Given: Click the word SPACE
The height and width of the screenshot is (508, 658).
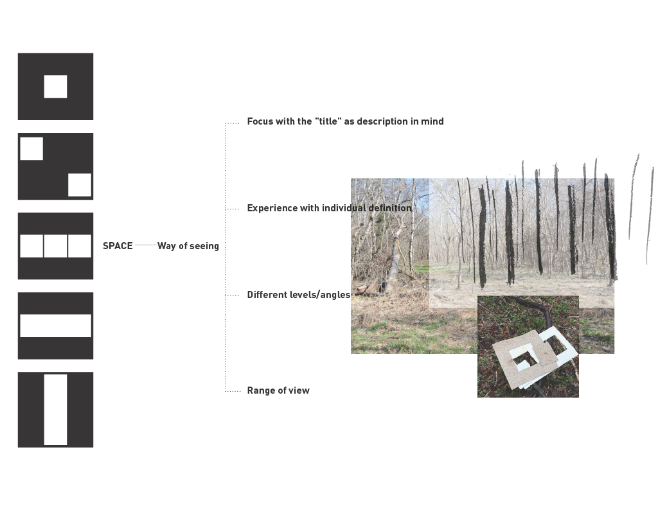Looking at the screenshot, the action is (118, 246).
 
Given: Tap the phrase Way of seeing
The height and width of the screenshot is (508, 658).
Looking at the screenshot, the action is (188, 246).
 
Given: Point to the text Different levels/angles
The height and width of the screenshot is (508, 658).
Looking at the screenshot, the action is (299, 295).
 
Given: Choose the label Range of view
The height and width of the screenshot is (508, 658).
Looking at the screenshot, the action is (278, 390).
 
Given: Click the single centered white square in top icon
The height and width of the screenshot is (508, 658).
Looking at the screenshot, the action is (55, 87).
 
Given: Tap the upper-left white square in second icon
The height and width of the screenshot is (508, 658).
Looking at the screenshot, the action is (31, 148).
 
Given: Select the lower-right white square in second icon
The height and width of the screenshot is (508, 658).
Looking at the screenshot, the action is (80, 185).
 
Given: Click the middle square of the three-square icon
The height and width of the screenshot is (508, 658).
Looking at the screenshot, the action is (55, 246).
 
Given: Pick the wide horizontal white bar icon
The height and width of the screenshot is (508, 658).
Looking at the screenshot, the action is (55, 326).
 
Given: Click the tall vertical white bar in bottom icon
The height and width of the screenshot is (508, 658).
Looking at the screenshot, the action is (55, 410).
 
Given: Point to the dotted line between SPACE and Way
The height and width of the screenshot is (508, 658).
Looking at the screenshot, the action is (145, 245).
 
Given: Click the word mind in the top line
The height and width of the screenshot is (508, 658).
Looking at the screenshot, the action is (432, 121).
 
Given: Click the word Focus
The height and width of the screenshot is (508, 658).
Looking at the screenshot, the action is (260, 121).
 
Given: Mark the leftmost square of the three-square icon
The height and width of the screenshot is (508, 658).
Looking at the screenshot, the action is (31, 246).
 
